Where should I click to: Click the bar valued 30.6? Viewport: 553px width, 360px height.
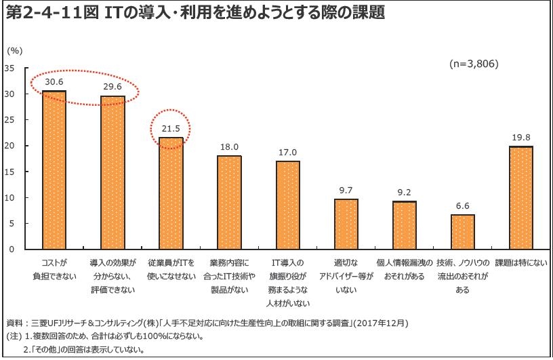coord(54,169)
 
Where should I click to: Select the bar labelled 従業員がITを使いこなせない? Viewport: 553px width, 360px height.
coord(171,193)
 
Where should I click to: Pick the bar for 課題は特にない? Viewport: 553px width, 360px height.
coord(521,197)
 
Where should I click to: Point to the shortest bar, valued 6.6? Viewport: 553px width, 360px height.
coord(463,232)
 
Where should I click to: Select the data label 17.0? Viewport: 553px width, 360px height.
coord(287,153)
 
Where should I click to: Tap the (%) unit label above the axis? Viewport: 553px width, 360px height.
coord(15,50)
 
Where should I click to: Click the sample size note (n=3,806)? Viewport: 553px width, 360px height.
coord(474,64)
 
